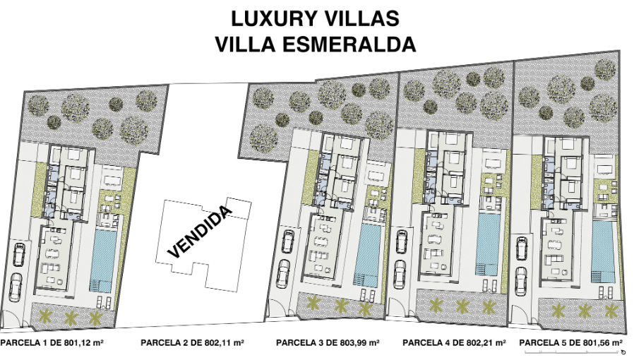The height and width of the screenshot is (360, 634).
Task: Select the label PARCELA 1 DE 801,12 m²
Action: tap(52, 342)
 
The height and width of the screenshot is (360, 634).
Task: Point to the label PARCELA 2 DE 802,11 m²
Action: tap(192, 342)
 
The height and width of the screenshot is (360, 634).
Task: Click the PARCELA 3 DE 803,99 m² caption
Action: tap(328, 342)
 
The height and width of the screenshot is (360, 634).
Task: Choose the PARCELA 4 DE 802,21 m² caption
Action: tap(454, 342)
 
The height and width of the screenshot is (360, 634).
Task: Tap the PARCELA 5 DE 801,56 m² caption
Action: tap(570, 342)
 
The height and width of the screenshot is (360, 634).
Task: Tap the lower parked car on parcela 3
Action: tap(284, 274)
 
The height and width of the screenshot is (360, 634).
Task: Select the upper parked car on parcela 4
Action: tap(402, 242)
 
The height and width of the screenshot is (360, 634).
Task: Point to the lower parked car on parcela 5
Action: tap(520, 282)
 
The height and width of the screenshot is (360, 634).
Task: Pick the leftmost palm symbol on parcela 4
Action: tap(436, 305)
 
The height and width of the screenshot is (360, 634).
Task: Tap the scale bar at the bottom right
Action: tap(572, 351)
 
